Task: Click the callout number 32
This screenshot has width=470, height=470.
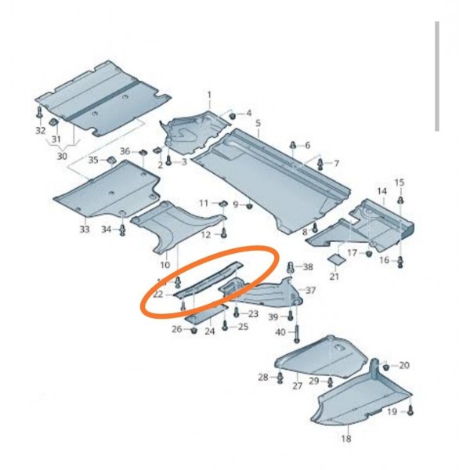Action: click(x=40, y=131)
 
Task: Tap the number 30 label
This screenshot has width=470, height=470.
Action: click(x=62, y=156)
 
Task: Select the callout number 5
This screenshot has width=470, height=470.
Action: click(x=258, y=123)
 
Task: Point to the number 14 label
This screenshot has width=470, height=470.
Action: click(x=382, y=191)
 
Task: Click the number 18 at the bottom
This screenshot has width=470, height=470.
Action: click(x=346, y=439)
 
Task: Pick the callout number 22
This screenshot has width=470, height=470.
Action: click(x=158, y=295)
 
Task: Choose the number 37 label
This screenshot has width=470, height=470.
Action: click(x=311, y=290)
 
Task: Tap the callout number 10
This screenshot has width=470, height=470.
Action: click(x=165, y=265)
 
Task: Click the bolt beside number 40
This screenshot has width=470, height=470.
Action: click(x=297, y=334)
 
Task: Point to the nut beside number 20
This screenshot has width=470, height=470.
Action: click(x=386, y=367)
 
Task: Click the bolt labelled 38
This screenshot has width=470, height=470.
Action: click(x=291, y=267)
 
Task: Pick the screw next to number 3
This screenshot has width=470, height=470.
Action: click(x=168, y=160)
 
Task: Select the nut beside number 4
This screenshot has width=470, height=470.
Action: click(x=232, y=115)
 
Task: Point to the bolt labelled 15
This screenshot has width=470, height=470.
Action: click(x=399, y=200)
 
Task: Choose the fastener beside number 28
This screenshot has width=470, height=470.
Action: click(x=280, y=378)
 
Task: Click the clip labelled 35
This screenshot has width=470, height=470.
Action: click(x=111, y=161)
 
